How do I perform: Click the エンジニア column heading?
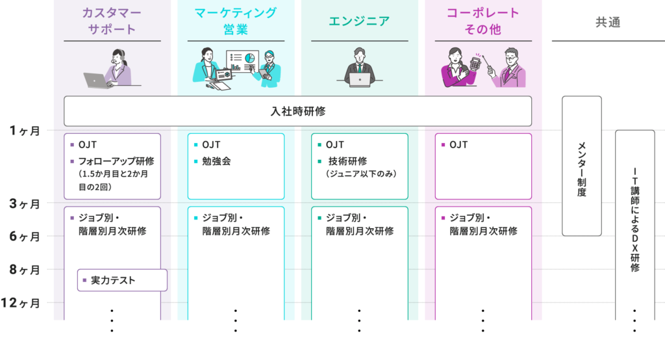(359, 21)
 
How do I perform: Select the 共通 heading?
(608, 22)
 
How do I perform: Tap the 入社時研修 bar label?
(297, 111)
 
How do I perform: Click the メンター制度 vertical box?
(581, 166)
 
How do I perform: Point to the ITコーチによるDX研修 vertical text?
(634, 221)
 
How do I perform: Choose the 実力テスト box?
(122, 281)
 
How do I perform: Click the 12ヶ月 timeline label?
(23, 303)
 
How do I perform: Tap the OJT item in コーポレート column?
(459, 144)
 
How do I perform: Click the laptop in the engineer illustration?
(360, 79)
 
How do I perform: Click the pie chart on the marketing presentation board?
(249, 58)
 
